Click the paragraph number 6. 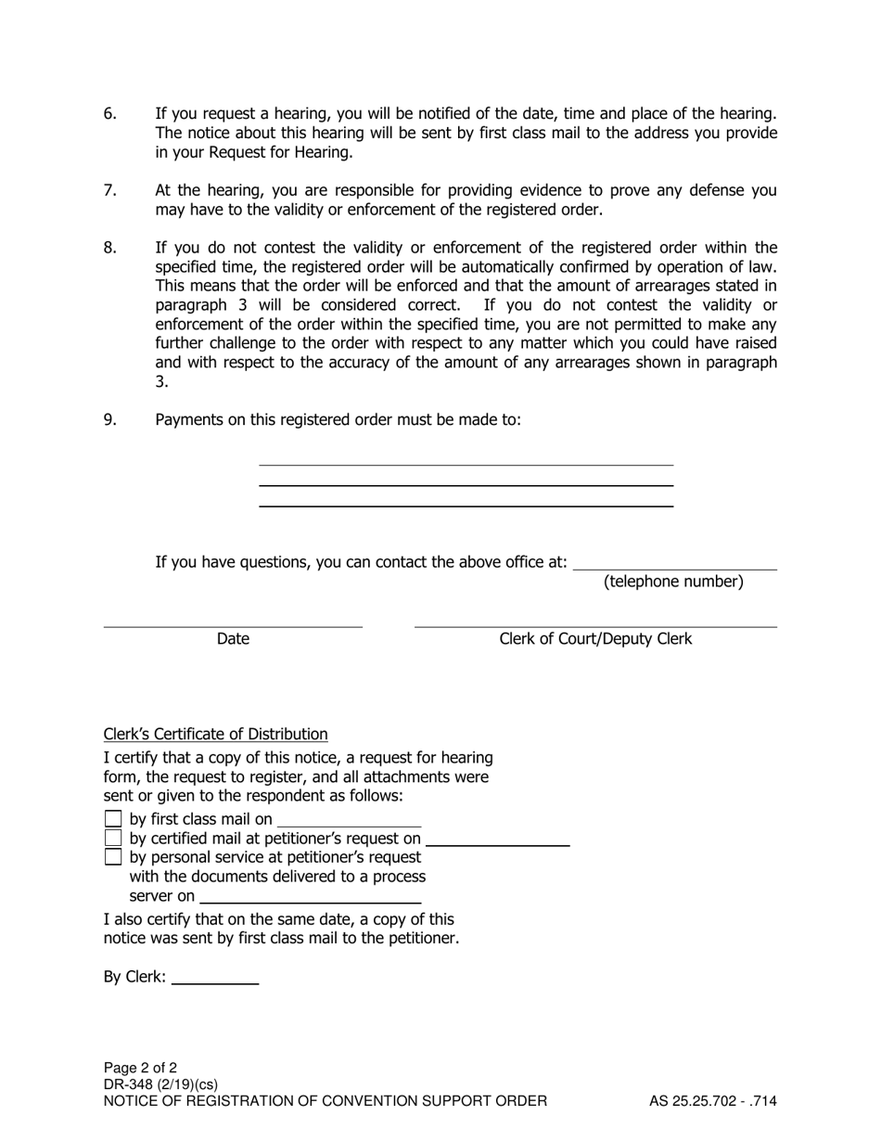(x=110, y=114)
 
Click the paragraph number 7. (x=110, y=191)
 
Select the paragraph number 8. (x=110, y=248)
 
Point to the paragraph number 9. (x=110, y=420)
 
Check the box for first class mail (x=113, y=819)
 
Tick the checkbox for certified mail (x=113, y=839)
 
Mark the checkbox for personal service (x=113, y=857)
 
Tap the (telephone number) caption (x=673, y=583)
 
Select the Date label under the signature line (x=233, y=639)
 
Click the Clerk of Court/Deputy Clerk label (x=595, y=639)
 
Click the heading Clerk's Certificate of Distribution (x=215, y=735)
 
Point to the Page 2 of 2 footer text (x=140, y=1068)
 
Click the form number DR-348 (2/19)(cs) (x=160, y=1084)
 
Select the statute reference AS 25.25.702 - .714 (x=712, y=1102)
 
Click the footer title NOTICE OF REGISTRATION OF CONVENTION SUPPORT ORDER (x=326, y=1102)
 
